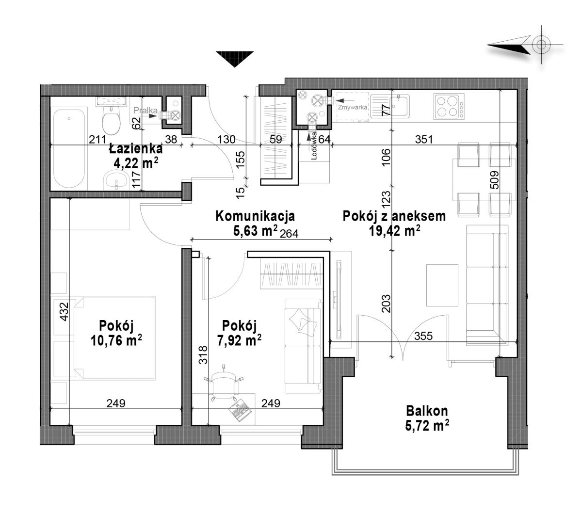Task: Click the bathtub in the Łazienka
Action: (x=69, y=148)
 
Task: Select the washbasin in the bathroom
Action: (x=116, y=180)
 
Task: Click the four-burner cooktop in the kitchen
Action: (x=449, y=107)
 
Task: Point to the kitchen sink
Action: (x=389, y=106)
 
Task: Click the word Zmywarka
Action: (x=353, y=108)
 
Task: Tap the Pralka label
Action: (x=145, y=111)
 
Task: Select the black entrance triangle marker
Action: (x=235, y=59)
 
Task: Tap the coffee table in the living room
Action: (x=442, y=285)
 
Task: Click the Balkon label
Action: (x=427, y=411)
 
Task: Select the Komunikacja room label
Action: (x=255, y=216)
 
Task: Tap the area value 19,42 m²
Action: (x=394, y=230)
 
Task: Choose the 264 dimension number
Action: (x=289, y=234)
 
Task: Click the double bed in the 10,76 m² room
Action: (x=114, y=338)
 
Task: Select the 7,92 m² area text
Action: (x=239, y=340)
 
